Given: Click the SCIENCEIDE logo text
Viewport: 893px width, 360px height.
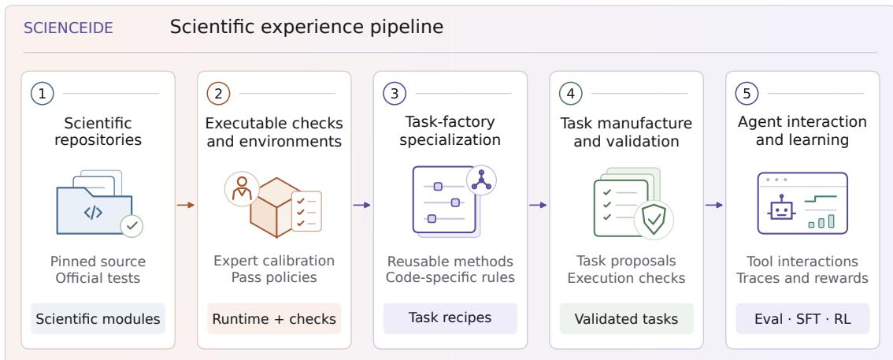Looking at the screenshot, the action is [69, 28].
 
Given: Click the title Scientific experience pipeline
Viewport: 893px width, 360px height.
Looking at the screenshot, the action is [306, 27].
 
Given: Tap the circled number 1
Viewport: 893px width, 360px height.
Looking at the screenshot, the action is [43, 94].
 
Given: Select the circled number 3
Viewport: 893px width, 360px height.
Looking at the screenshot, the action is [394, 94].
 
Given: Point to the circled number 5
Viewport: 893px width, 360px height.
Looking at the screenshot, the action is [747, 94].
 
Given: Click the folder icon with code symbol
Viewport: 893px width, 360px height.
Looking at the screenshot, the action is [94, 202].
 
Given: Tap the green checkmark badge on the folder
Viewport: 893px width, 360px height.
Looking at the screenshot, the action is [132, 226].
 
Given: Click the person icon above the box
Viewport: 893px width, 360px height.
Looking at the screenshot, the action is [242, 188].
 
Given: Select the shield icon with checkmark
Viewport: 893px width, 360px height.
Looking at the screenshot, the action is [654, 220].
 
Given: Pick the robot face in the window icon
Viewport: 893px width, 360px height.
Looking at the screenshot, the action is [781, 210].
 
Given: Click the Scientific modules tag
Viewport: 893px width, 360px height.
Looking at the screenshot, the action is [98, 318].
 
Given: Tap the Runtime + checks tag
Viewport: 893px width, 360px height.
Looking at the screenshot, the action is [274, 318].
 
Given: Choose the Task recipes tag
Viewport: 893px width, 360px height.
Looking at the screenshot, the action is [450, 317].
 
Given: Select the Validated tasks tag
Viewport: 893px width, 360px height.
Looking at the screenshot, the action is [627, 318].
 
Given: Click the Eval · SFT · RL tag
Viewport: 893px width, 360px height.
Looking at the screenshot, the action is [802, 318].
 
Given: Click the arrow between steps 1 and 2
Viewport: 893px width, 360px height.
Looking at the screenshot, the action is [186, 205].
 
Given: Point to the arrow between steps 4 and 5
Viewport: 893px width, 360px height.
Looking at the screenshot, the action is [714, 205].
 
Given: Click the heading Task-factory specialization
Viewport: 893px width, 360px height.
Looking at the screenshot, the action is [450, 131].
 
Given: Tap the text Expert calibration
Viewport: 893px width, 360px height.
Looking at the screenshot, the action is [274, 261].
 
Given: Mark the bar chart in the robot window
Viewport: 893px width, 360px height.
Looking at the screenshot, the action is [821, 221].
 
